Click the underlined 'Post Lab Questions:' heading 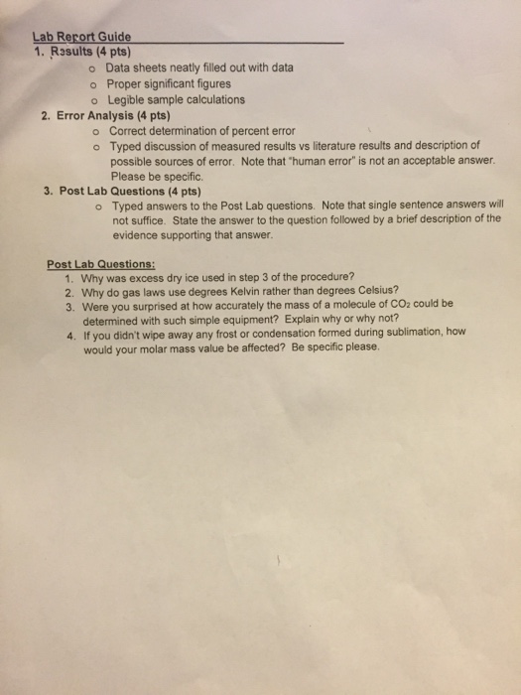click(x=100, y=264)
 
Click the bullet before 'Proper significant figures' click(x=91, y=84)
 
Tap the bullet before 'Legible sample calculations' click(x=91, y=99)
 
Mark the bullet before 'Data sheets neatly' click(x=91, y=69)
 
